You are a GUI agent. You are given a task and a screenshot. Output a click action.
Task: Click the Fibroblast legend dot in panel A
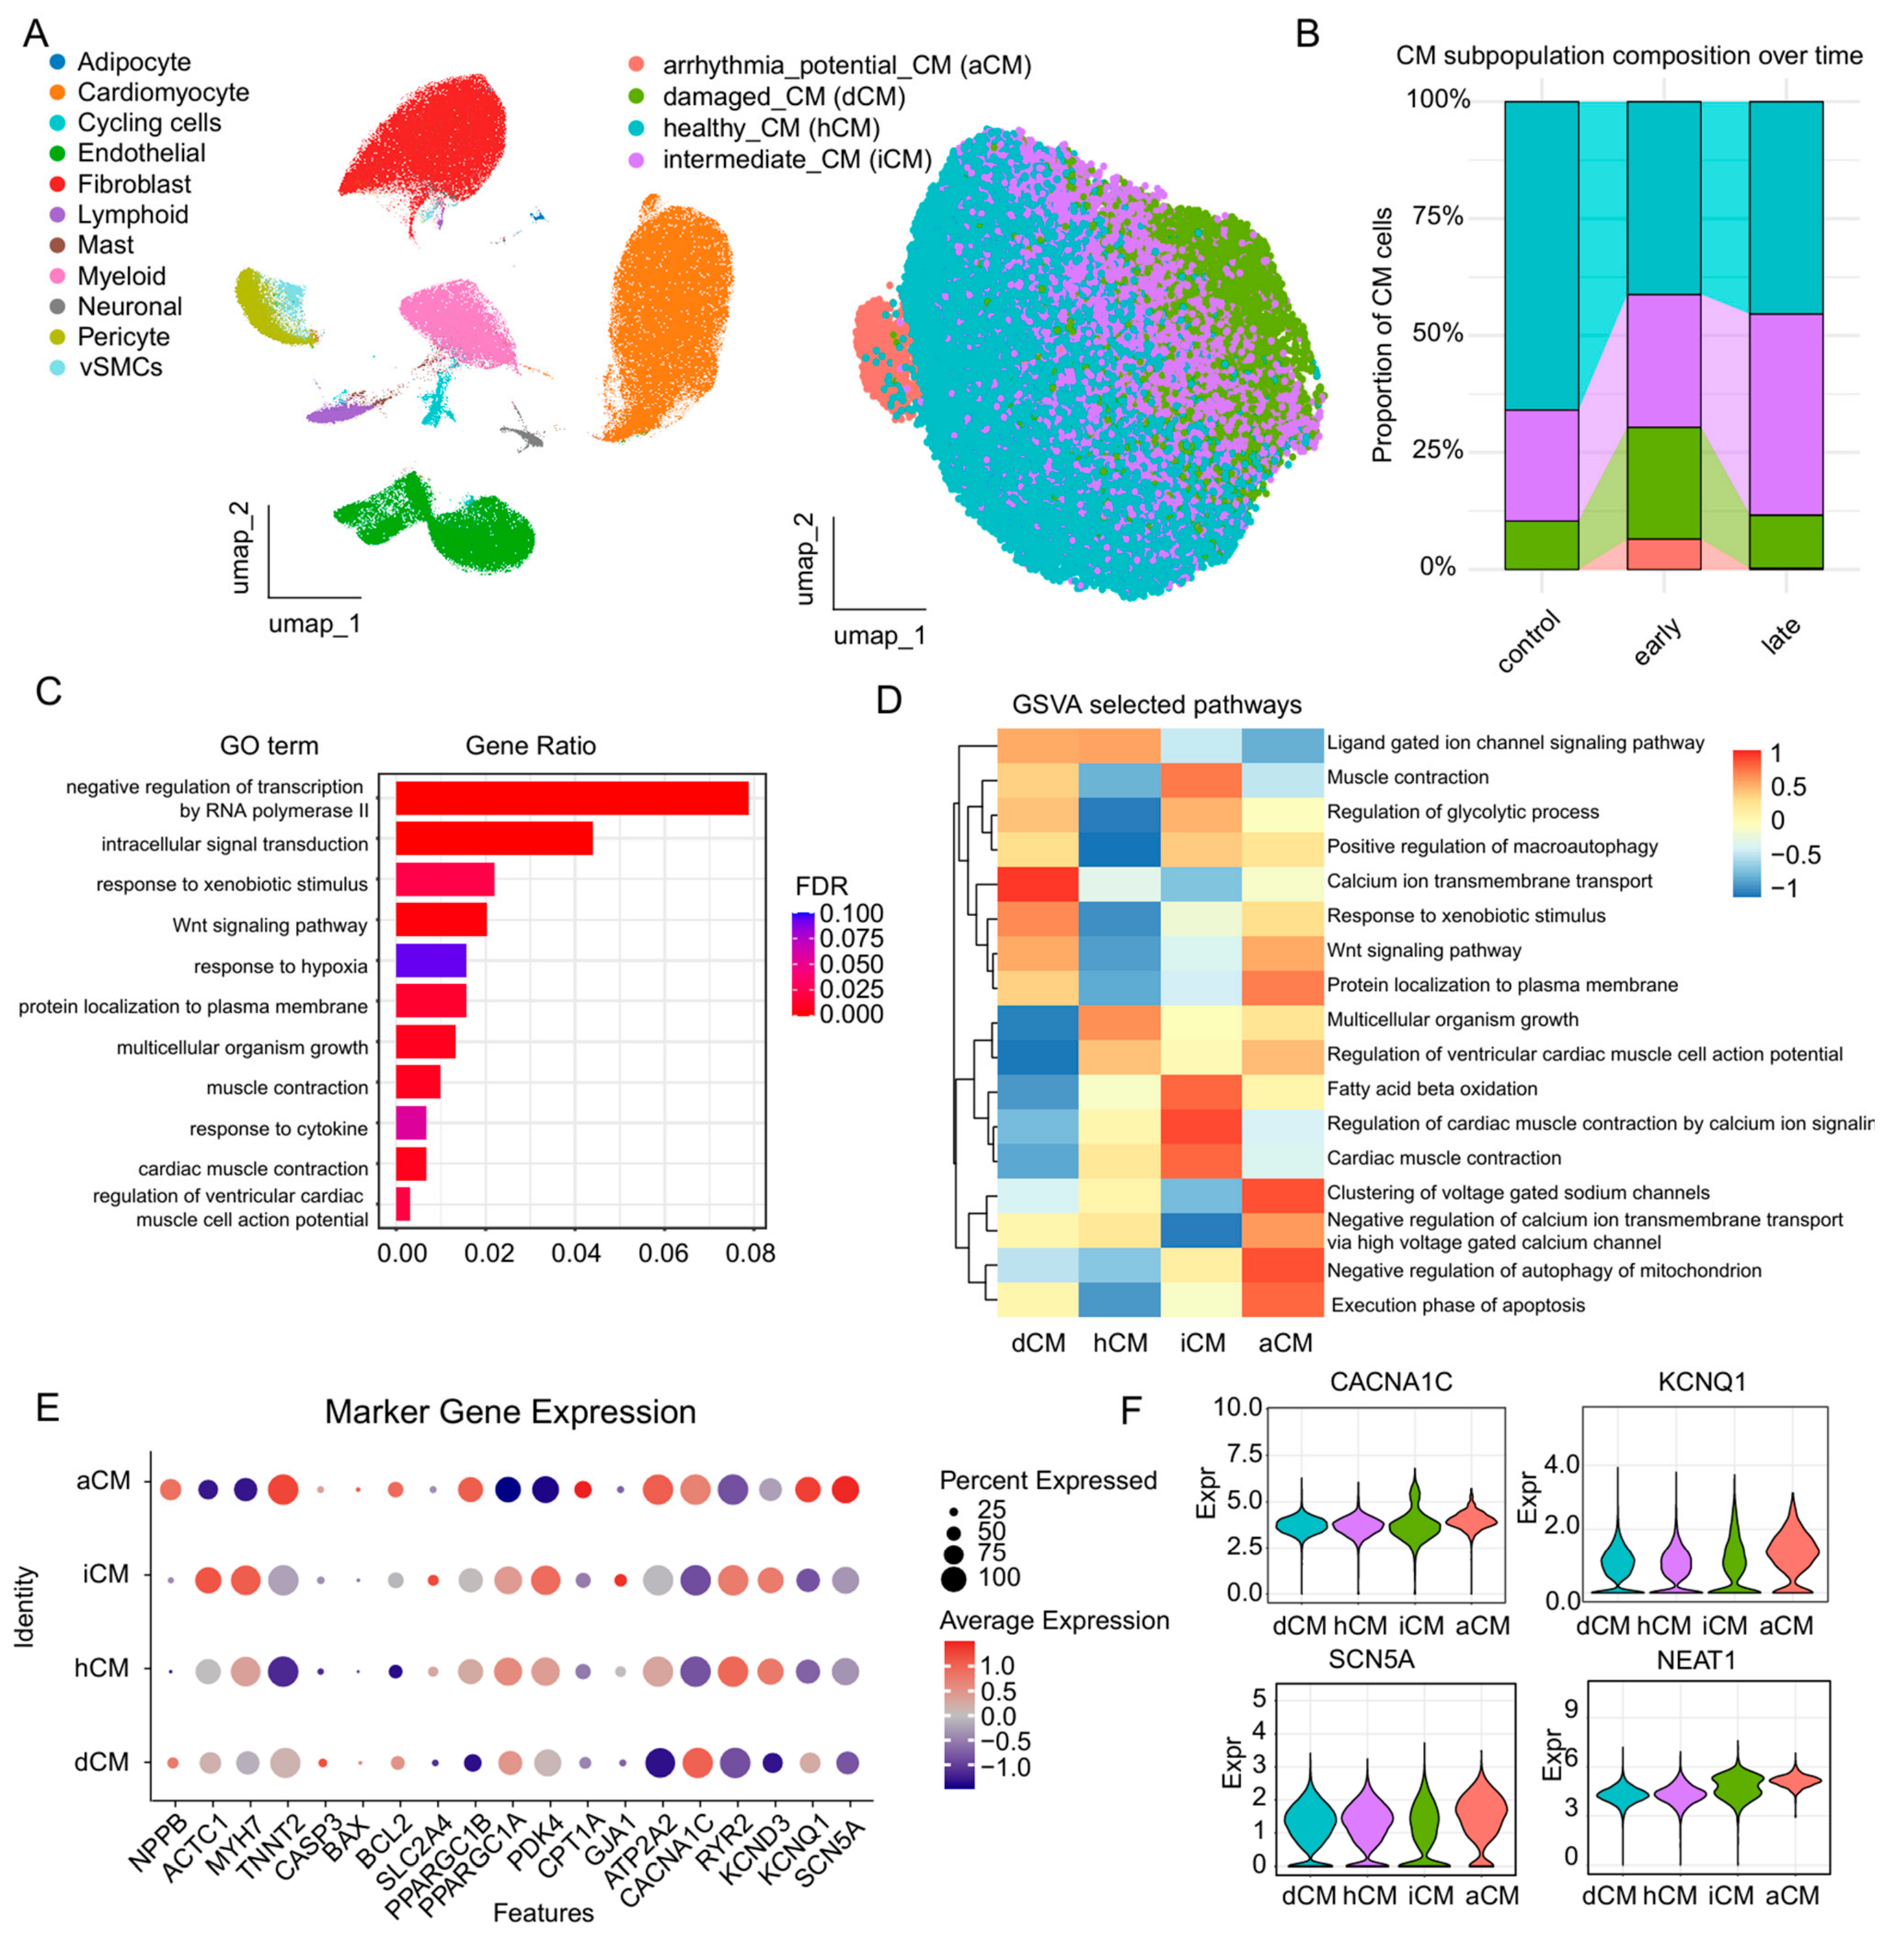pos(58,184)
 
